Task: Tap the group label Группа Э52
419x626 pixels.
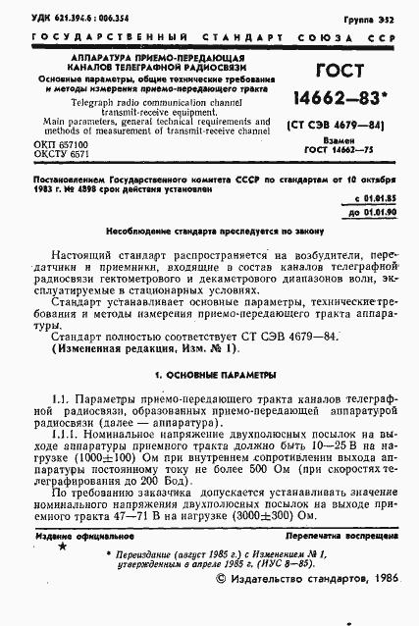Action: pyautogui.click(x=383, y=17)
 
